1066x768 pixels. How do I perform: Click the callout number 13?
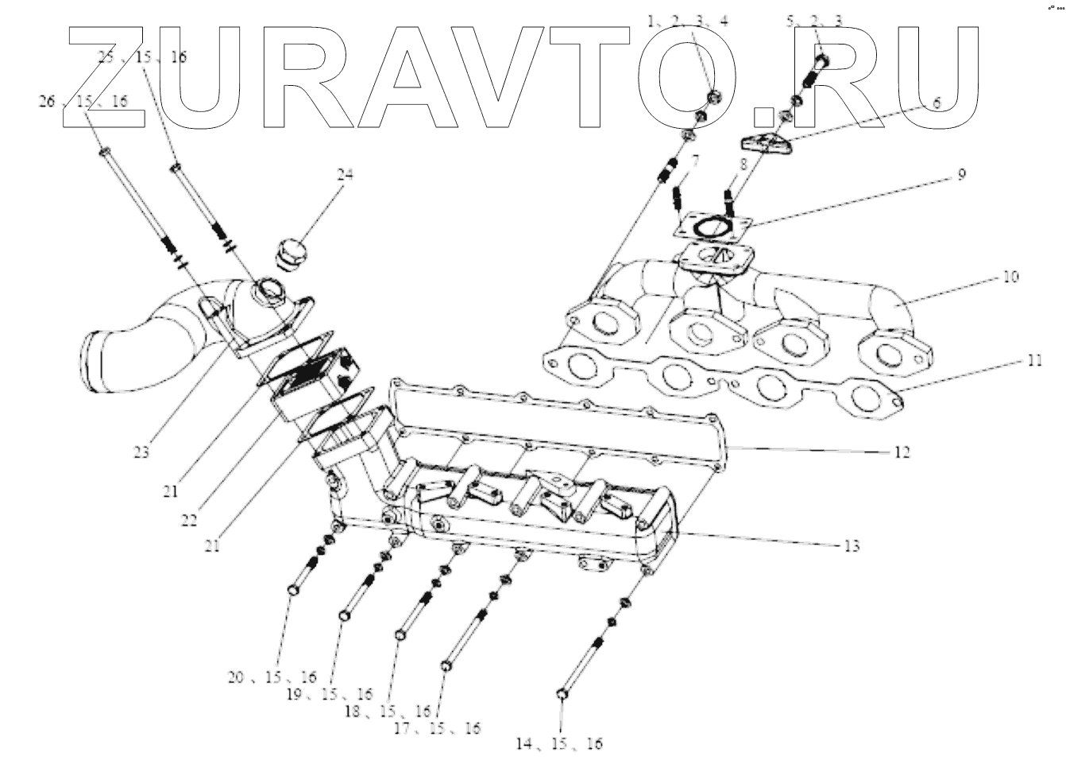pos(852,545)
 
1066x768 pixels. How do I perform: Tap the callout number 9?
pos(961,174)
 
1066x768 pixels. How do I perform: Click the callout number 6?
pos(936,103)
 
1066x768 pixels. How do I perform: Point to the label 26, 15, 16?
pos(84,102)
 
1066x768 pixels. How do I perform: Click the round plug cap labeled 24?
pos(289,254)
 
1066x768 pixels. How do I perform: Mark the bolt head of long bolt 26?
pos(104,149)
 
